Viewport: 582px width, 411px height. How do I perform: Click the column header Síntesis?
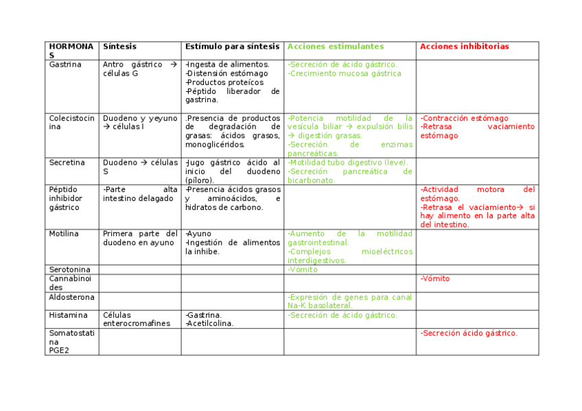pos(119,47)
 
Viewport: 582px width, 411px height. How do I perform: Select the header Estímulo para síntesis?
pos(232,47)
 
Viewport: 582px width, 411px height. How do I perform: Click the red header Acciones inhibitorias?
pos(464,47)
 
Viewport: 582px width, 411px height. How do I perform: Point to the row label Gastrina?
pos(65,64)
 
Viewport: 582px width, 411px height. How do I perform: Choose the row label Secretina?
pos(67,163)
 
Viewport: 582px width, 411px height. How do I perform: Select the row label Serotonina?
pos(69,270)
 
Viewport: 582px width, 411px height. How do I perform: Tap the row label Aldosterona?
pos(71,297)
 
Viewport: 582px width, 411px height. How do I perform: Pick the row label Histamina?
pos(68,315)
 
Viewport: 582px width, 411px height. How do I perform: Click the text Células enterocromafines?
pos(137,320)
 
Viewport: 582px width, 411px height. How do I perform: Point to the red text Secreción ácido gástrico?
pos(469,333)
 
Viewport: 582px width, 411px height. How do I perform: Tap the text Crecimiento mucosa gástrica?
pos(344,73)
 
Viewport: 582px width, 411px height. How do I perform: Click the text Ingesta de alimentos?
pos(227,64)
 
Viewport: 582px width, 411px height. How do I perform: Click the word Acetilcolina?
pos(209,324)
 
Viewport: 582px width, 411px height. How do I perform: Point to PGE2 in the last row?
pos(58,350)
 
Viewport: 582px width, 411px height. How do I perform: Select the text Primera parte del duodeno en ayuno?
pos(140,238)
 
